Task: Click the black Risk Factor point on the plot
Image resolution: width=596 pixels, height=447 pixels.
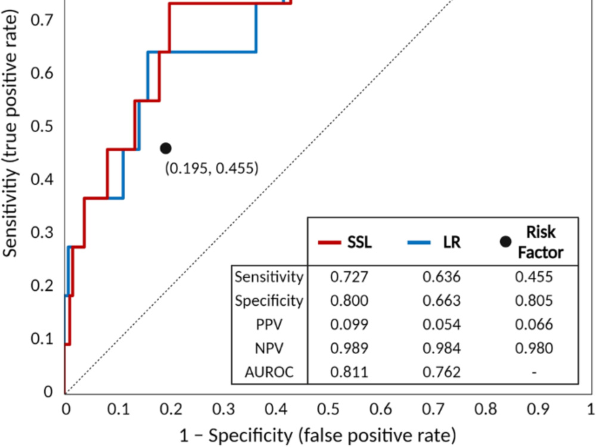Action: (x=166, y=148)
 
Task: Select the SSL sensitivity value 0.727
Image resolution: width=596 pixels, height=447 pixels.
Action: (x=349, y=277)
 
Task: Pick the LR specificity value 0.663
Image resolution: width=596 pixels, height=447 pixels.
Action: (x=441, y=300)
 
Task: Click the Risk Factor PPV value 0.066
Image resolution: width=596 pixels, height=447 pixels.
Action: (x=533, y=325)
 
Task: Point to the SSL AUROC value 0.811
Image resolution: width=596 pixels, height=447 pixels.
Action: (x=349, y=372)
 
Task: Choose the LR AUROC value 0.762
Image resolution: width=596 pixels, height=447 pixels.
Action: (x=441, y=372)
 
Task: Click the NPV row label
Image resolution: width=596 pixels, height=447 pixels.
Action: (x=269, y=348)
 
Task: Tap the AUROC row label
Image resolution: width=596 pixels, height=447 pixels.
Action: (x=269, y=372)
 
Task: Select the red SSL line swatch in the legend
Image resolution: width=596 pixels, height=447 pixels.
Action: (x=329, y=242)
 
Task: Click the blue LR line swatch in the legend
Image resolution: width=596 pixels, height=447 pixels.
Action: (x=419, y=242)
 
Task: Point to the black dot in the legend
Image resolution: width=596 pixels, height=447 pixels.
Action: (x=505, y=241)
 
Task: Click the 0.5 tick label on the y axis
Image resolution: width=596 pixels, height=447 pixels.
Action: (x=42, y=126)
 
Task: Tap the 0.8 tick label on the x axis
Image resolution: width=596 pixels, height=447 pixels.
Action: (x=486, y=409)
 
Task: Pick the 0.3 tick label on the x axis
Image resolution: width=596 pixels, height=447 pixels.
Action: (x=223, y=409)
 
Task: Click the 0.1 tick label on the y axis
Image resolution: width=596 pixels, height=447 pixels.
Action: (x=42, y=339)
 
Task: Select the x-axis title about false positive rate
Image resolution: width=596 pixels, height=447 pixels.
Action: (x=318, y=435)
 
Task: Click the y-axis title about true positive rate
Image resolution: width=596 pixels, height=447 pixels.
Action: (x=10, y=134)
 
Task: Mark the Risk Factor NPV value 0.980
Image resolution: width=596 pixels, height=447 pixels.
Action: (x=533, y=348)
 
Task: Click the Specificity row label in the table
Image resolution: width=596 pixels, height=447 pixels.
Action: (x=269, y=300)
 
